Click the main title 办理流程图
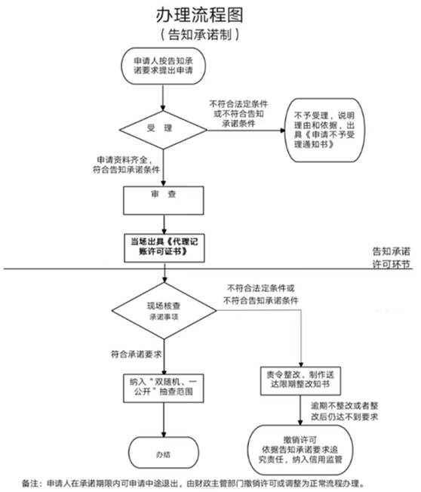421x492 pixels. tap(200, 15)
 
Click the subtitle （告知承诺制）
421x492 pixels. tap(200, 35)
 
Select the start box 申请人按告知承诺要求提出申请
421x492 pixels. tap(164, 66)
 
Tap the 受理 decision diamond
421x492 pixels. tap(163, 130)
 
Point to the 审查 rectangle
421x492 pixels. tap(164, 201)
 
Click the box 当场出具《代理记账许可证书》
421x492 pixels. tap(164, 248)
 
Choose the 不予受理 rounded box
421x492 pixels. tap(324, 131)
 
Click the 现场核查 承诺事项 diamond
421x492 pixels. tap(164, 311)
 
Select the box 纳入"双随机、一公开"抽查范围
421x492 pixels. tap(164, 388)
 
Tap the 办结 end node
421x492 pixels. tap(164, 453)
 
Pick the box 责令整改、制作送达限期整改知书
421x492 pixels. tap(300, 381)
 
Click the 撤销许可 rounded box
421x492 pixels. tap(300, 450)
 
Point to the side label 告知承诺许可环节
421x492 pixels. tap(391, 257)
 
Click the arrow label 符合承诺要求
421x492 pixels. tap(136, 354)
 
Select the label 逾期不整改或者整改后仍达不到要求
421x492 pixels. tap(345, 411)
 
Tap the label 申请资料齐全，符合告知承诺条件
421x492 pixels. tap(126, 165)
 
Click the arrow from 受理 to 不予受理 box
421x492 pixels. tap(246, 130)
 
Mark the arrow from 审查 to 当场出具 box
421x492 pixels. tap(164, 224)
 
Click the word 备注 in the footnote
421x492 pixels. tap(30, 483)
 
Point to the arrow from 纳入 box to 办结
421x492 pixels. tap(164, 420)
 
